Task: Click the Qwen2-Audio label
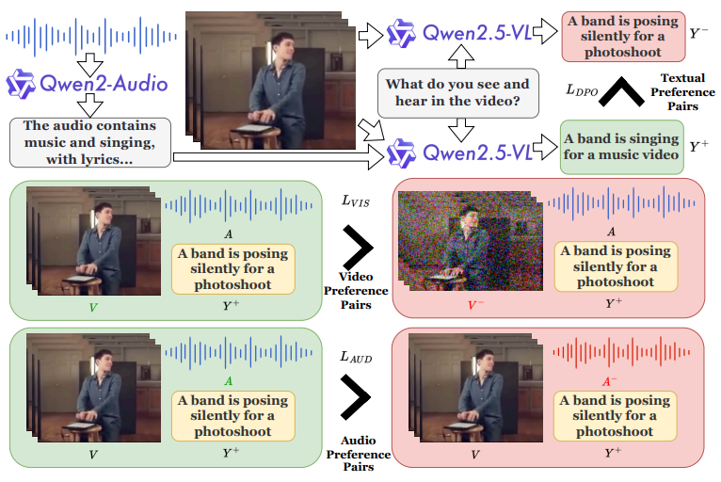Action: pyautogui.click(x=88, y=84)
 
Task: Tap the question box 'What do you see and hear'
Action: pyautogui.click(x=458, y=93)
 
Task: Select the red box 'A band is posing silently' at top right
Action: pyautogui.click(x=623, y=37)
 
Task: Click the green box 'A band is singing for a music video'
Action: pyautogui.click(x=621, y=147)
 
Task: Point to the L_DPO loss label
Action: pyautogui.click(x=582, y=90)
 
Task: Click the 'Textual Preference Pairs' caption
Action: pyautogui.click(x=682, y=92)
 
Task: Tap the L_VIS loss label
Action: pyautogui.click(x=356, y=201)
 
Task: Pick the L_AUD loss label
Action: pyautogui.click(x=356, y=357)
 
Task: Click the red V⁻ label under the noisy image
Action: pyautogui.click(x=475, y=305)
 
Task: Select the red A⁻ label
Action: pyautogui.click(x=610, y=381)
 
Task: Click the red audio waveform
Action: pyautogui.click(x=621, y=352)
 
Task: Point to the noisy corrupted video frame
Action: pyautogui.click(x=470, y=241)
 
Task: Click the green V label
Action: pyautogui.click(x=93, y=307)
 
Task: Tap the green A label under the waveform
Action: pyautogui.click(x=228, y=381)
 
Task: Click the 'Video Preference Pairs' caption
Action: pyautogui.click(x=356, y=291)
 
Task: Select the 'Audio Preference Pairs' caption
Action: pyautogui.click(x=359, y=454)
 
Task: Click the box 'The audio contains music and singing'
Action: pyautogui.click(x=90, y=142)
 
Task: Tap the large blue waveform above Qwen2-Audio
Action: pyautogui.click(x=91, y=37)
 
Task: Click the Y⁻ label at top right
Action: pyautogui.click(x=698, y=33)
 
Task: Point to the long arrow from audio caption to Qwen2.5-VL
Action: pyautogui.click(x=279, y=158)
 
